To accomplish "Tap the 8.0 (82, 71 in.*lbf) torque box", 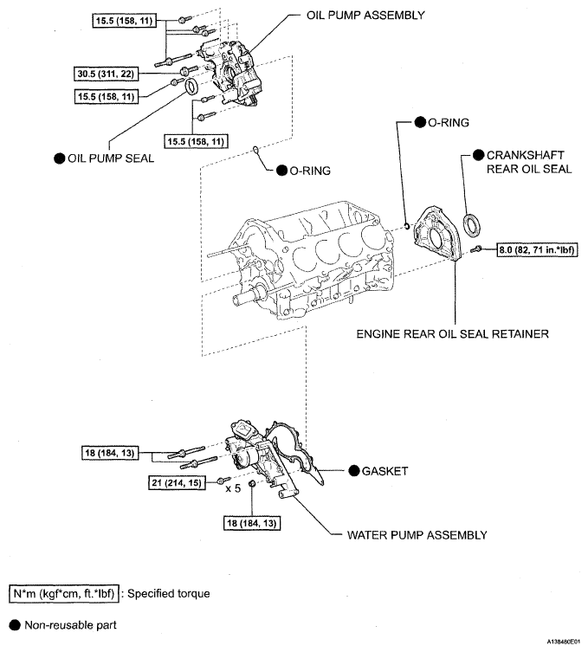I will (x=537, y=250).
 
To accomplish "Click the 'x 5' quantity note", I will (x=233, y=488).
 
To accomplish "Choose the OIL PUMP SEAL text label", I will (x=105, y=158).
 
